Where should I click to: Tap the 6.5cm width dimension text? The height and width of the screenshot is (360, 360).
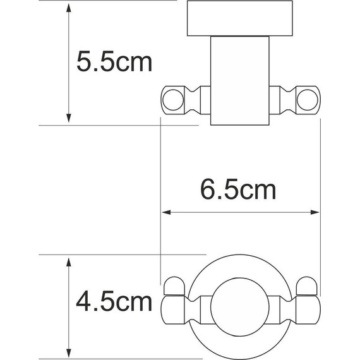tap(236, 189)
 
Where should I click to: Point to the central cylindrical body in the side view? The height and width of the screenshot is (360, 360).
tap(241, 79)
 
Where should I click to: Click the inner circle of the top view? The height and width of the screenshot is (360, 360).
tap(241, 308)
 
